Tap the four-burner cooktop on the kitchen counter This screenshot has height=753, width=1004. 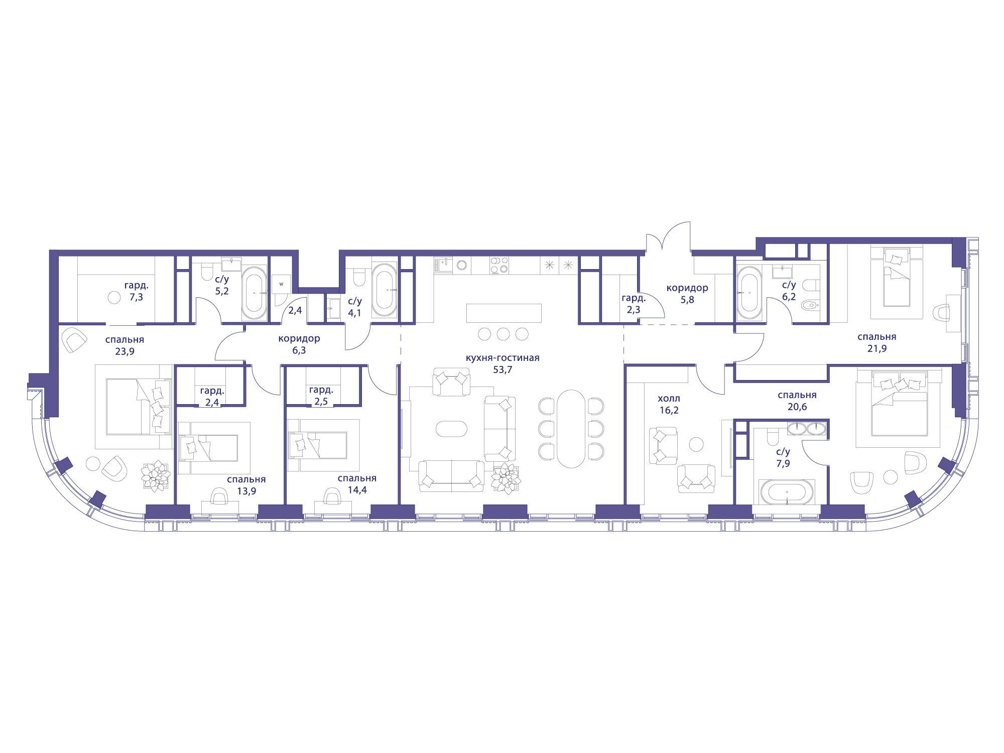click(499, 266)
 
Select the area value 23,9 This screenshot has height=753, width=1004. click(124, 351)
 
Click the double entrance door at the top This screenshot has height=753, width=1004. click(668, 236)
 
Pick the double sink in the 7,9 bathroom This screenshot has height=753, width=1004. click(806, 428)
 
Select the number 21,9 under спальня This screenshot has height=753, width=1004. click(876, 348)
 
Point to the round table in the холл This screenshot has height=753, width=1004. click(696, 444)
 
